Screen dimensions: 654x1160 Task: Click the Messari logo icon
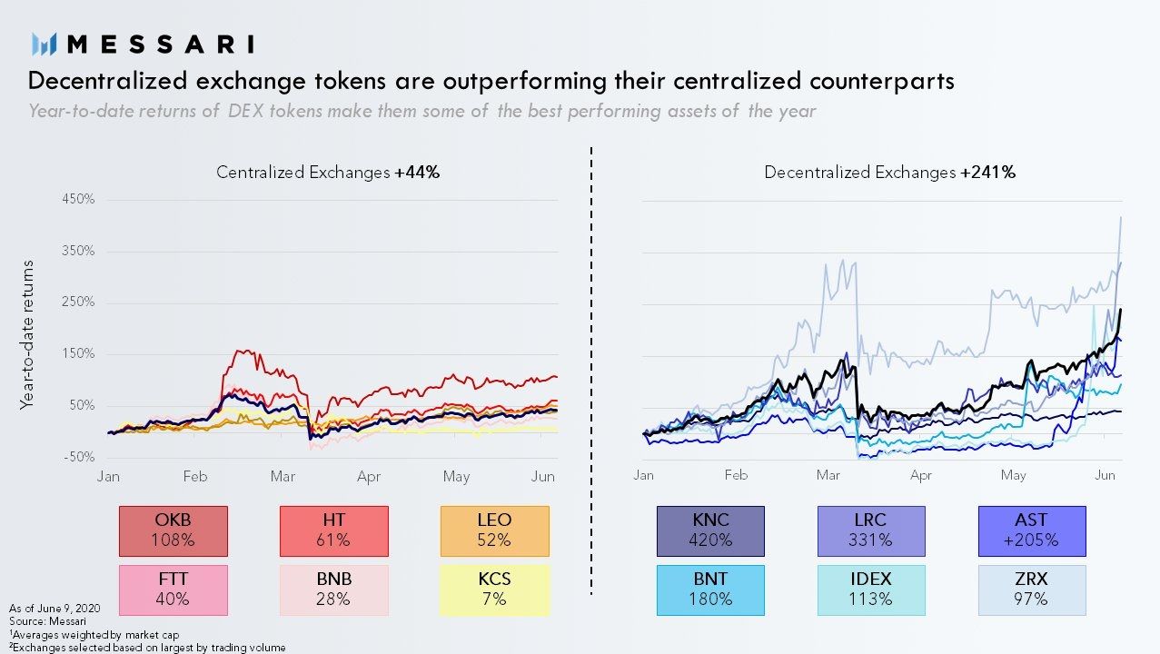(x=45, y=43)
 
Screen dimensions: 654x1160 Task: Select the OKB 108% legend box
(x=173, y=530)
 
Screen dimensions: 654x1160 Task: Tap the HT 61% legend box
(x=333, y=530)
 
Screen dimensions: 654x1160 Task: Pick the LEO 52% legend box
(x=494, y=530)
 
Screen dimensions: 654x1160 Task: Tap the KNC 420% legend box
(x=710, y=530)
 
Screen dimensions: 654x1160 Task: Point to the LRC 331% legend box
(x=870, y=530)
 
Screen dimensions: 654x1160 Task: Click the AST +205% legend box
(x=1031, y=530)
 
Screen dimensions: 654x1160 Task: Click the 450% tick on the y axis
(x=78, y=199)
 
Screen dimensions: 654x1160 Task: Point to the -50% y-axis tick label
(x=78, y=457)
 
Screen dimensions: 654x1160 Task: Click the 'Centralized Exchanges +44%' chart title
(x=327, y=172)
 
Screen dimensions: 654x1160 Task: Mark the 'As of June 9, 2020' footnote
(x=55, y=607)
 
